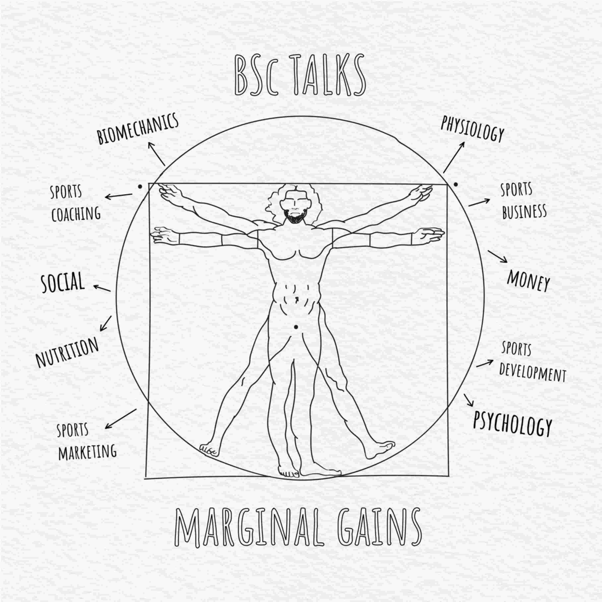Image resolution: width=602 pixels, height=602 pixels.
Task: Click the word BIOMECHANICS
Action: coord(138,129)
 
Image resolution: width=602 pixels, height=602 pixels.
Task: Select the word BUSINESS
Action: coord(524,211)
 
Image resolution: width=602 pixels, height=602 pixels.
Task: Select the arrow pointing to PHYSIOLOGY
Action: coord(454,157)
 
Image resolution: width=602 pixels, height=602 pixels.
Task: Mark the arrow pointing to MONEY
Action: coord(498,256)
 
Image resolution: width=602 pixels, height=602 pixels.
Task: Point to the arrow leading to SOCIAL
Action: coord(102,288)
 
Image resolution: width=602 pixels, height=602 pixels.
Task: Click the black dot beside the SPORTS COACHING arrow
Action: coord(140,186)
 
